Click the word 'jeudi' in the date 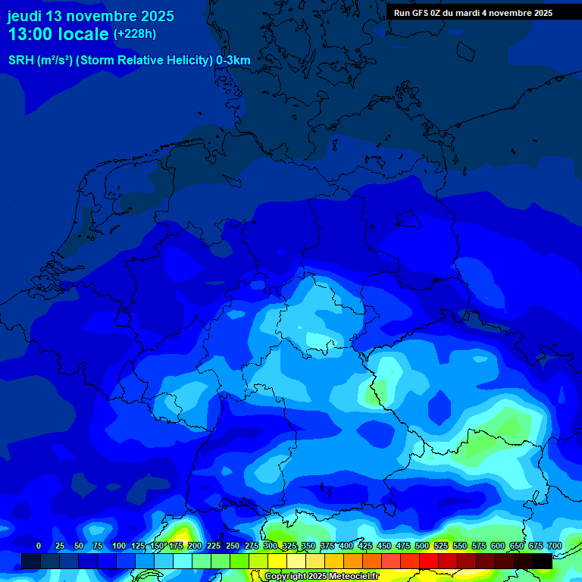pos(24,16)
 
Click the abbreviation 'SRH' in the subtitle pos(21,61)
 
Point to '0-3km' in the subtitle pos(233,61)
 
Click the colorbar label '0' pos(39,546)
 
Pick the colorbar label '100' pos(119,546)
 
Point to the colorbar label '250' pos(233,546)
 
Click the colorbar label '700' pos(555,546)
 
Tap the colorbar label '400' pos(346,546)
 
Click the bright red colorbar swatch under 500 pos(429,561)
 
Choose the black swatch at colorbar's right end pos(543,561)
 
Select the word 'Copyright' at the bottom pos(285,577)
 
